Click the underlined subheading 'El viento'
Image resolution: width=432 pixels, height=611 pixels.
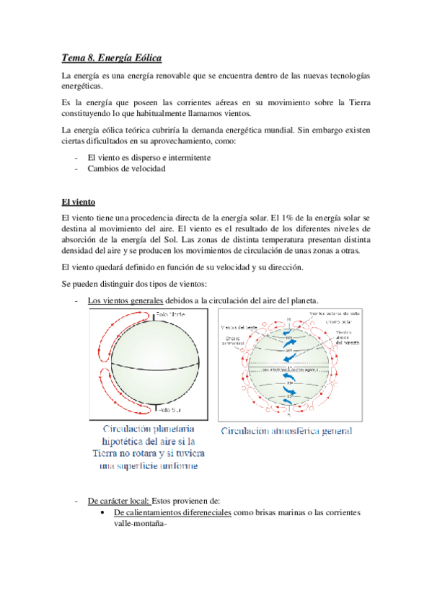point(79,202)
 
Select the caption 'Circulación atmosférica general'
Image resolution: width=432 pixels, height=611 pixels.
point(287,431)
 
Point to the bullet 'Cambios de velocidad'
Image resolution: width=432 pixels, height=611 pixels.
point(125,169)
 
